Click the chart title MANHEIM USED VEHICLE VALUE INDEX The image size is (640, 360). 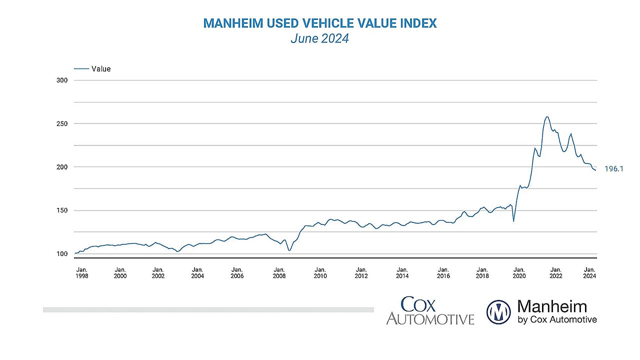(x=320, y=23)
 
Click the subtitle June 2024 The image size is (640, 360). (x=320, y=38)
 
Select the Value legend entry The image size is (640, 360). (x=100, y=69)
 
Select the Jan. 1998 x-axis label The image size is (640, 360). (x=81, y=272)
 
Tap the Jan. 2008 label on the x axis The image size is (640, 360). (x=279, y=272)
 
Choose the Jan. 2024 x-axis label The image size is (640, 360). (x=589, y=272)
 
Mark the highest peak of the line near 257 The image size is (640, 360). (x=547, y=117)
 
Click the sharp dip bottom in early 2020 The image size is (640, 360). (x=513, y=221)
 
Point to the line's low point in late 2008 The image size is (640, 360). (x=289, y=250)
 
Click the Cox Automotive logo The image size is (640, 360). (x=430, y=311)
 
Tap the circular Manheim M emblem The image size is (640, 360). (x=498, y=312)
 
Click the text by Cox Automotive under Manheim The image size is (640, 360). (x=557, y=319)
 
